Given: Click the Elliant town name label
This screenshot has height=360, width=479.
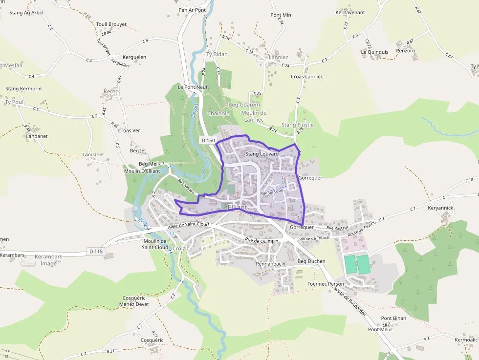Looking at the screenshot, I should click(x=238, y=208).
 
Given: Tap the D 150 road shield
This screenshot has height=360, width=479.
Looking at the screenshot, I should click(x=208, y=140).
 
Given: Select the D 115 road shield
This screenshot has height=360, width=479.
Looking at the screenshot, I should click(x=97, y=251).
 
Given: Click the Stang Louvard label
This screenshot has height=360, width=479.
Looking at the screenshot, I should click(x=262, y=154).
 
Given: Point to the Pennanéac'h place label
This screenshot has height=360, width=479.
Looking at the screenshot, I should click(x=270, y=264).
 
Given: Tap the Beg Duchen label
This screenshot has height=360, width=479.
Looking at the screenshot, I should click(x=311, y=261).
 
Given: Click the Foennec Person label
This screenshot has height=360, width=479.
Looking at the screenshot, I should click(x=326, y=284).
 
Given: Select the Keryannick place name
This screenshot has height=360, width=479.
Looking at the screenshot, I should click(x=440, y=208).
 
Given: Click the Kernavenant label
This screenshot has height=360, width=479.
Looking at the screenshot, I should click(x=350, y=12).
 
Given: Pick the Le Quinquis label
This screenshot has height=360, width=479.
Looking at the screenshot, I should click(x=375, y=52).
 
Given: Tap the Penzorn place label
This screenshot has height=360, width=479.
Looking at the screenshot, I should click(x=406, y=50).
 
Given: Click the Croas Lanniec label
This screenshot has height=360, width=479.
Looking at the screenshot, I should click(x=306, y=77).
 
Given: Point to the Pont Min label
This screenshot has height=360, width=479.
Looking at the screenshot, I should click(x=281, y=15).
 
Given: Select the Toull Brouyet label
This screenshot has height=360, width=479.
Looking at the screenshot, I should click(x=111, y=24).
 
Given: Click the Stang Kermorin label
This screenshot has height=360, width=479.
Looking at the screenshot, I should click(x=23, y=89).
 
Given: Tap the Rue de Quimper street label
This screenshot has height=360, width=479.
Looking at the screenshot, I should click(x=262, y=240).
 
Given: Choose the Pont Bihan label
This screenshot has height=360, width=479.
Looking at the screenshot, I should click(x=393, y=318).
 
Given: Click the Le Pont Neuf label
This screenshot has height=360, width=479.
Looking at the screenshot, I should click(x=193, y=87).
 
